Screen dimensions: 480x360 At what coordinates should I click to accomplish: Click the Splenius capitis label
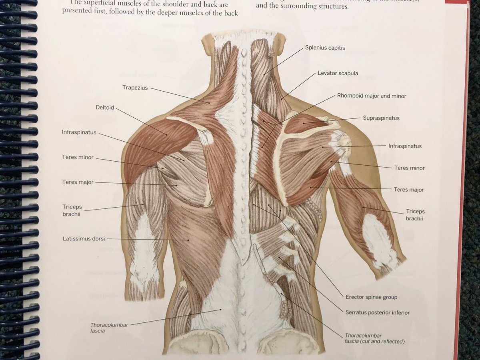[325, 48]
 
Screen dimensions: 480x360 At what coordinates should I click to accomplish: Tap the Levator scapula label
[338, 74]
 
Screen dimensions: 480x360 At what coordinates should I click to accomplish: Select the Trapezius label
[135, 87]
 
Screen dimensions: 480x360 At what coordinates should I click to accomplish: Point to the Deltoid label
[105, 108]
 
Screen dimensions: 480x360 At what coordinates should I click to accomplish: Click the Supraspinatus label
[381, 118]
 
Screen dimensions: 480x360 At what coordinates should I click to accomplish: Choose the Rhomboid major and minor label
[371, 96]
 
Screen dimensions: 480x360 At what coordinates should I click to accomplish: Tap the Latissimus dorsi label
[84, 239]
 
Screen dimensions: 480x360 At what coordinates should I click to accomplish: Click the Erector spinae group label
[371, 297]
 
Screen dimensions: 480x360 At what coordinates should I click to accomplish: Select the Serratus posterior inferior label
[377, 312]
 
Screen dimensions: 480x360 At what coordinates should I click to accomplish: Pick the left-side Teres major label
[78, 182]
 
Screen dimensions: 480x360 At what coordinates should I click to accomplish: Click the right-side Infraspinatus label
[404, 146]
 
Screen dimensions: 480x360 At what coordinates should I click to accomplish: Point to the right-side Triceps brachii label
[415, 215]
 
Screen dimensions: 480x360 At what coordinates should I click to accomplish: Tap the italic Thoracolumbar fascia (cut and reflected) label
[374, 338]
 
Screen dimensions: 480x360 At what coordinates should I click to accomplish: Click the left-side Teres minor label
[78, 158]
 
